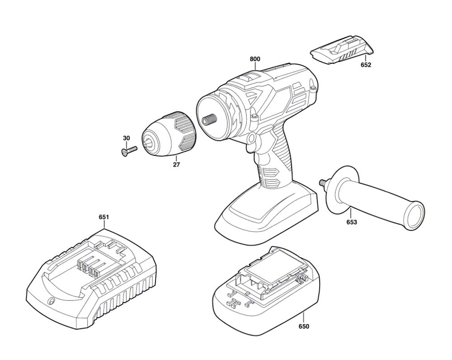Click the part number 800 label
[255, 59]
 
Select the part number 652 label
[366, 65]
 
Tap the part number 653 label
[352, 222]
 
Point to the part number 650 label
[304, 327]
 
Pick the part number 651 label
[104, 217]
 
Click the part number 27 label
[176, 165]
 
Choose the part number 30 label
[126, 138]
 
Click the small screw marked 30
[128, 150]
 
